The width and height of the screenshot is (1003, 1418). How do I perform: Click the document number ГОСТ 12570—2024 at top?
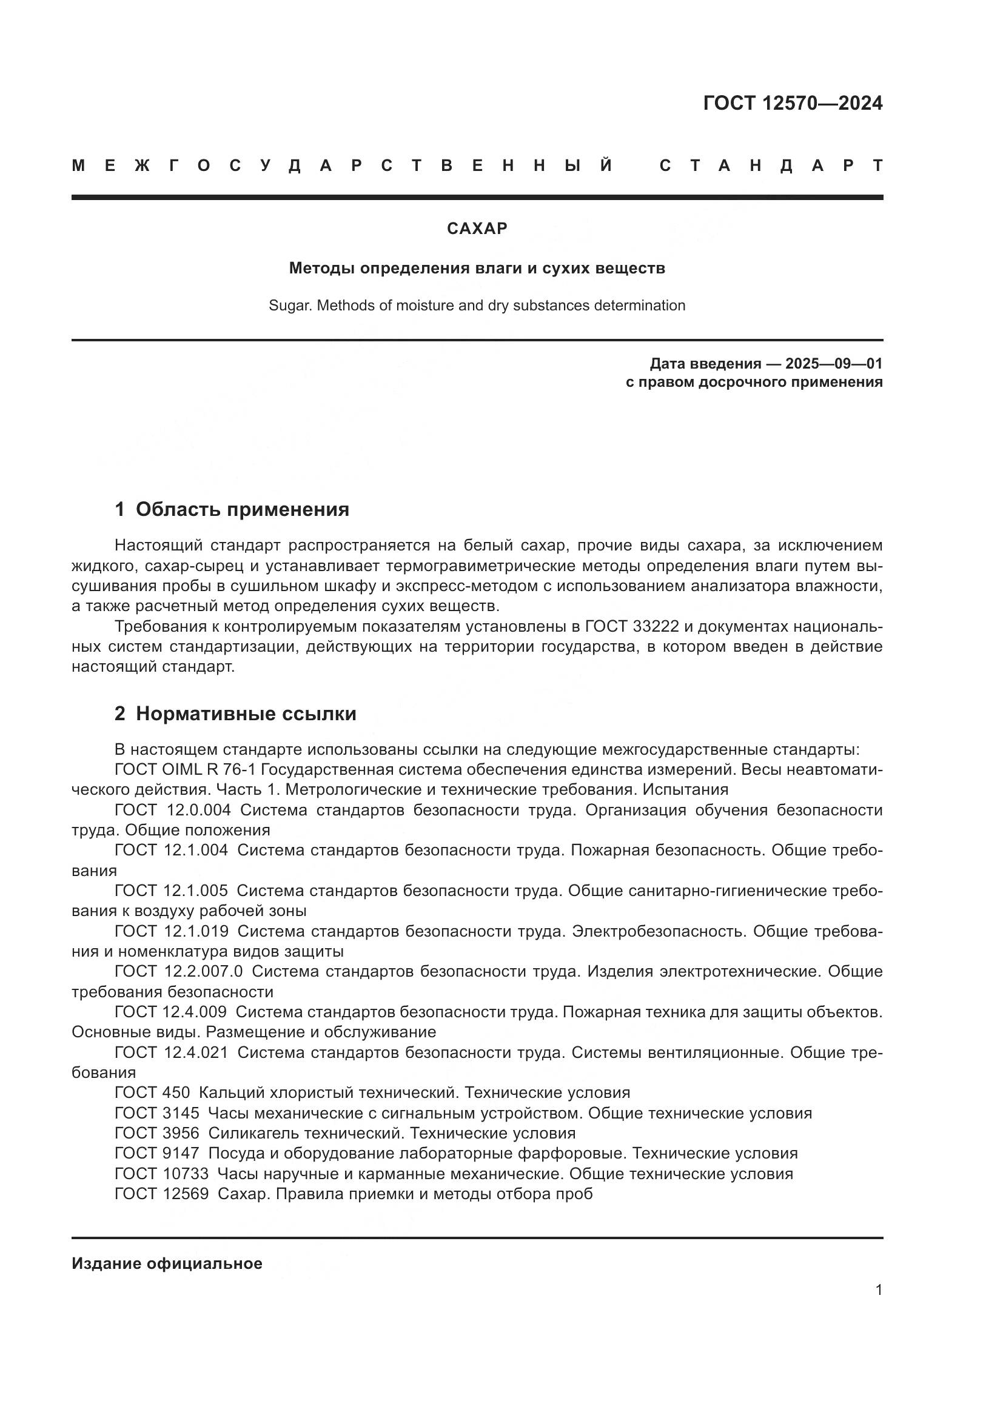coord(793,103)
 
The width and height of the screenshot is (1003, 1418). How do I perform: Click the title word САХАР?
coord(477,229)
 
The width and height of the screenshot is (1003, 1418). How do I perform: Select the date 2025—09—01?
coord(834,363)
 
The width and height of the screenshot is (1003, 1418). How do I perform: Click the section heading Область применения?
coord(242,509)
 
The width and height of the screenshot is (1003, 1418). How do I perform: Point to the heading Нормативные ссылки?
coord(246,714)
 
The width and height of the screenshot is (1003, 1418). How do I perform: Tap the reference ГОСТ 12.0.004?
coord(172,810)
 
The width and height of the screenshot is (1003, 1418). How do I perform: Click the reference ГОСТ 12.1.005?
coord(171,891)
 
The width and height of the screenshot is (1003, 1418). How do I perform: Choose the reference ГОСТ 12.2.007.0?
coord(178,971)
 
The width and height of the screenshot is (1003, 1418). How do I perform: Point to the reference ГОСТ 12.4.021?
coord(171,1052)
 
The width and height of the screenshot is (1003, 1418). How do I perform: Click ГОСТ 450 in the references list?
coord(152,1092)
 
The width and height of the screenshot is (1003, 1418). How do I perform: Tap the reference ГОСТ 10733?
coord(161,1174)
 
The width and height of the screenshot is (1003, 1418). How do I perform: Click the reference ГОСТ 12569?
coord(161,1194)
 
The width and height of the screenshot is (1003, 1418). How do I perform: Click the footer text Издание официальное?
coord(167,1263)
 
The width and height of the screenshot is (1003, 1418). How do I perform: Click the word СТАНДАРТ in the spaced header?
coord(771,166)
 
